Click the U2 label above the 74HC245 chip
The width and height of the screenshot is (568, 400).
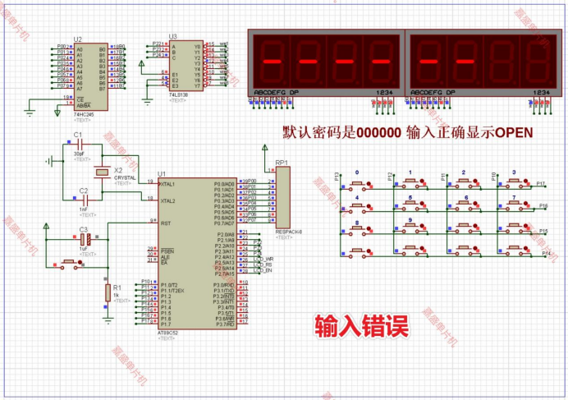point(78,39)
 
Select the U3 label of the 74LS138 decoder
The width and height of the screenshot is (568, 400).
point(172,36)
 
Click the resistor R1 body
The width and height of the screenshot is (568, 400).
point(108,292)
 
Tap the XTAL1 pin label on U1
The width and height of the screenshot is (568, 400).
point(168,184)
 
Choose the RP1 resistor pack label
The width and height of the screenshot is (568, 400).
point(282,163)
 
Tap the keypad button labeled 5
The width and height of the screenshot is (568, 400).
point(410,205)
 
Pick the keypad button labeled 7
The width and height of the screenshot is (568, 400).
point(515,205)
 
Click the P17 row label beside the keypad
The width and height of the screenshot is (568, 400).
point(540,182)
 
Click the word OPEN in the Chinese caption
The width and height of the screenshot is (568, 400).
point(514,132)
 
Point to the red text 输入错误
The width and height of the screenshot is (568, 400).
point(362,325)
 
